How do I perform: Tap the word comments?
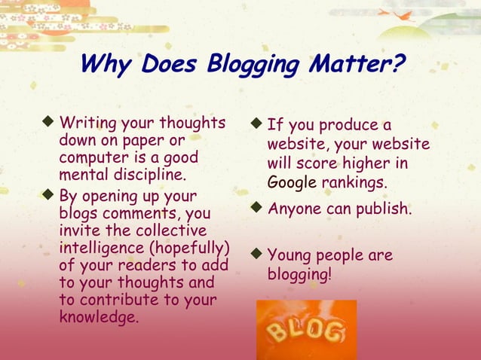(x=136, y=214)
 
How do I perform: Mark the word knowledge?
(x=99, y=317)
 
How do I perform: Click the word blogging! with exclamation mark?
(x=299, y=274)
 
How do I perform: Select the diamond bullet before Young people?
(x=258, y=255)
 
